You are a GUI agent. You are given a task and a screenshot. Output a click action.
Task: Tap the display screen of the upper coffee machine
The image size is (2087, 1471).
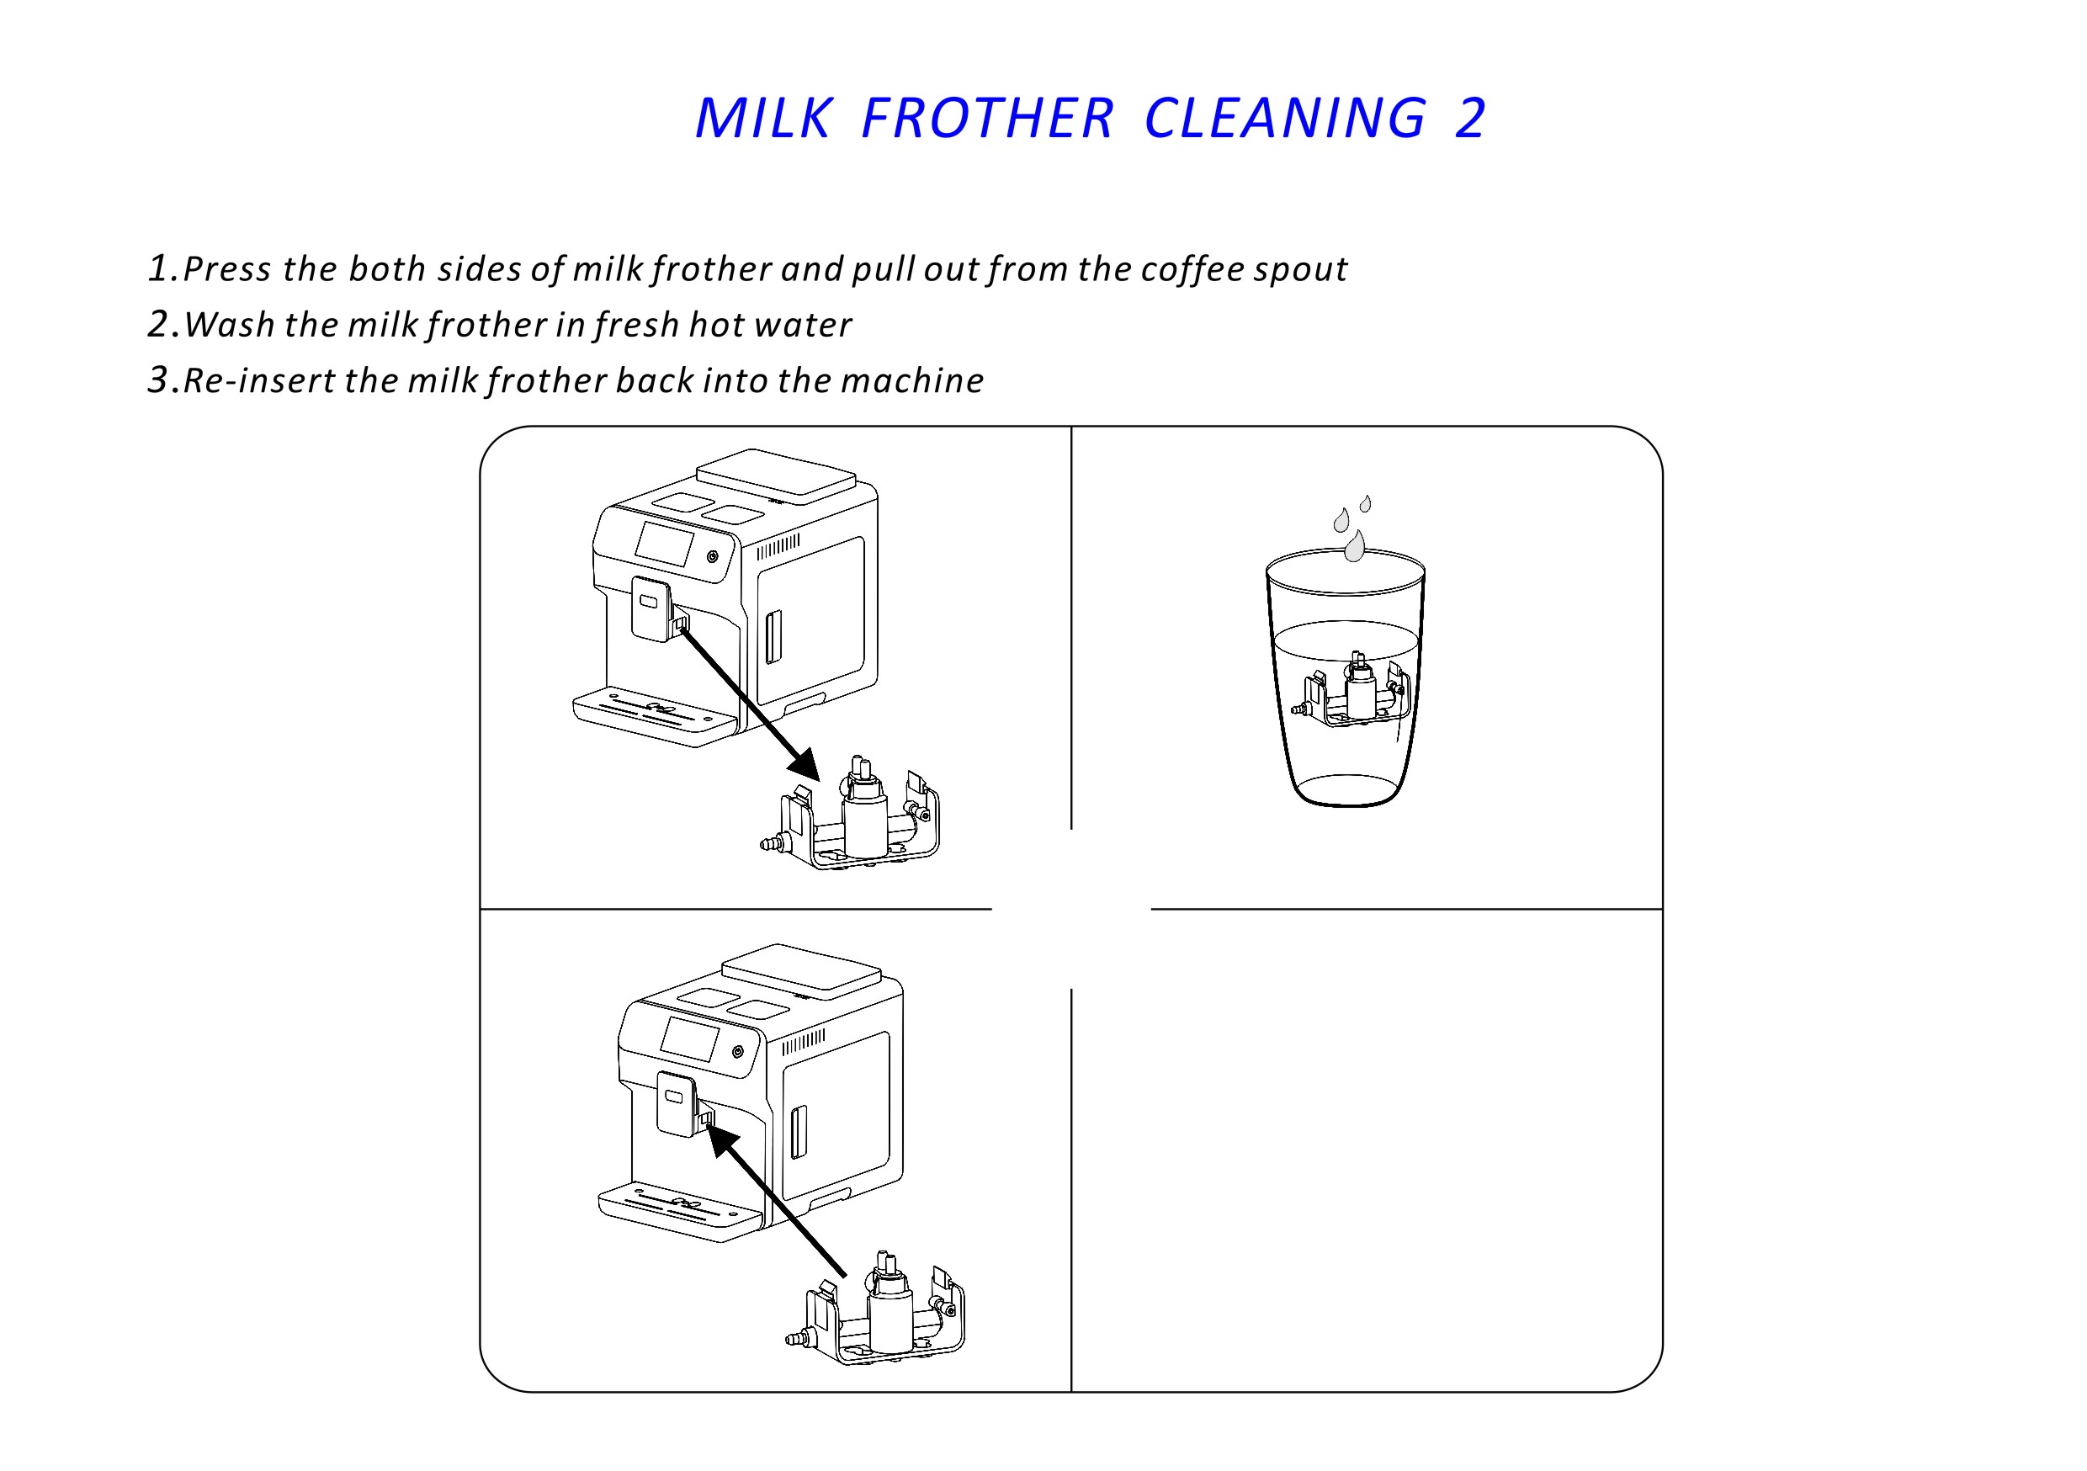[x=664, y=544]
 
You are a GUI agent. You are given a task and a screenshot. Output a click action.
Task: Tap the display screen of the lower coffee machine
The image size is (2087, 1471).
[x=689, y=1039]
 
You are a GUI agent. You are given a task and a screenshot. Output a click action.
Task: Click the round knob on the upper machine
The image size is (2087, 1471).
[x=713, y=556]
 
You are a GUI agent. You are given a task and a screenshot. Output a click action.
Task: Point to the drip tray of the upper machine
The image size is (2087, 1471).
[x=655, y=716]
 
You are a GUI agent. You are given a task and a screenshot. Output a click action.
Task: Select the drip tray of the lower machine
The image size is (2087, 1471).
[x=680, y=1212]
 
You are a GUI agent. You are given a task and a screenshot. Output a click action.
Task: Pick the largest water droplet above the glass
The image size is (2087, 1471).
[x=1354, y=545]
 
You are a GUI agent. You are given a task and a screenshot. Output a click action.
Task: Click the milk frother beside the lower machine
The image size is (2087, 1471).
[x=874, y=1309]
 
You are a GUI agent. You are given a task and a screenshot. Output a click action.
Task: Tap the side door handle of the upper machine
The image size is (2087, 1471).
[x=773, y=636]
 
